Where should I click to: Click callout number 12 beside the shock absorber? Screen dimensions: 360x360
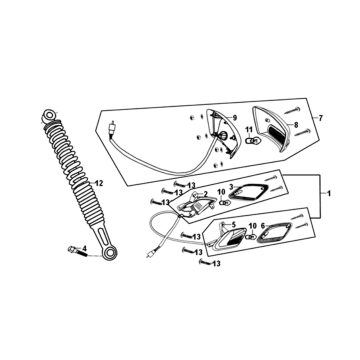[99, 183]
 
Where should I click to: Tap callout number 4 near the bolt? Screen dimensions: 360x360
[84, 248]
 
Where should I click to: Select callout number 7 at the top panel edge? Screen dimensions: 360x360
[321, 118]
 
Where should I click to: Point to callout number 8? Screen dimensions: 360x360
[296, 125]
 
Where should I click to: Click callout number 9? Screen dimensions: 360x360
[235, 118]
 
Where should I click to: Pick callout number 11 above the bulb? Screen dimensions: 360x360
[249, 129]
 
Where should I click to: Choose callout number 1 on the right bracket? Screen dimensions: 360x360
[329, 193]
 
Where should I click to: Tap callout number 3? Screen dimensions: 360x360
[231, 187]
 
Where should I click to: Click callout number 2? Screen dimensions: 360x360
[206, 194]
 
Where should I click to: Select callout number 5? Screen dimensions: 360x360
[234, 224]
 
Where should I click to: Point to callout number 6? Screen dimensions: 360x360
[263, 226]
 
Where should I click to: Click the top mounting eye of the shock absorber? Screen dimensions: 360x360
[49, 115]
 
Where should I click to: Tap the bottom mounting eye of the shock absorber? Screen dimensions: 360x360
[109, 253]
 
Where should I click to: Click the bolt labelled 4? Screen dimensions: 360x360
[77, 251]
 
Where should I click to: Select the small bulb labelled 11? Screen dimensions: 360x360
[252, 141]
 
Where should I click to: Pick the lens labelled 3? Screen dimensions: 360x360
[247, 193]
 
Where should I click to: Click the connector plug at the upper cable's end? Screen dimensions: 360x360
[112, 128]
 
